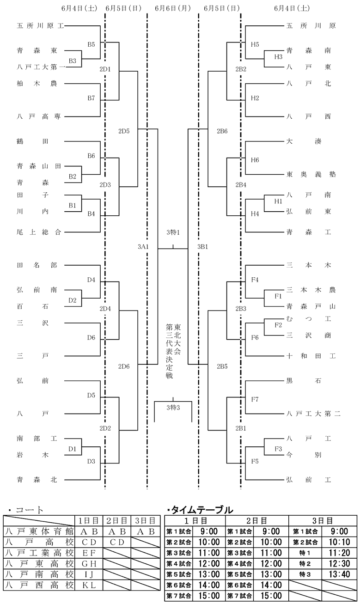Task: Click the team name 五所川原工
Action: click(40, 26)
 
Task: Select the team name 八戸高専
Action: click(39, 116)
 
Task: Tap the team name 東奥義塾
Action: click(311, 174)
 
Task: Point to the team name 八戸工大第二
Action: click(313, 413)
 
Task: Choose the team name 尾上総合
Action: click(39, 232)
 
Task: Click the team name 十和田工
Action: click(311, 356)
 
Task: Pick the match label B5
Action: click(91, 44)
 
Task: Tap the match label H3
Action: click(278, 57)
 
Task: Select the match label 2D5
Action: click(124, 131)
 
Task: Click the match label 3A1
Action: click(143, 247)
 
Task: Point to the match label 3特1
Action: click(173, 232)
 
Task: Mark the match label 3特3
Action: click(173, 408)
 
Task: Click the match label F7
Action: click(255, 399)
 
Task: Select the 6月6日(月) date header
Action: click(173, 8)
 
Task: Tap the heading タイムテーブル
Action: click(200, 510)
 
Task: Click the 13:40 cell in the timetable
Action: click(339, 574)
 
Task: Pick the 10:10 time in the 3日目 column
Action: click(339, 542)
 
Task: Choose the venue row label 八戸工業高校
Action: click(39, 553)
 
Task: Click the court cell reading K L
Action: click(89, 586)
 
